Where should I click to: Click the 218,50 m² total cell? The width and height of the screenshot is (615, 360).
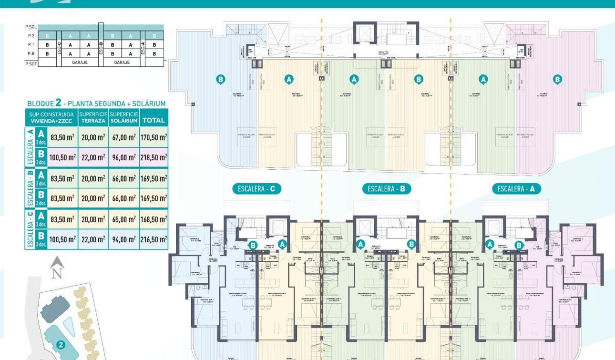(x=153, y=157)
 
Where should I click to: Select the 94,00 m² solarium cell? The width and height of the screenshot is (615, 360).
(x=123, y=239)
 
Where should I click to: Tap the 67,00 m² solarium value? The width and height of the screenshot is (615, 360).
(x=123, y=137)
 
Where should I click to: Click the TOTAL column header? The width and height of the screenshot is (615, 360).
(x=153, y=120)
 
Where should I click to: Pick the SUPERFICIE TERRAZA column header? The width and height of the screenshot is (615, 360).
(x=93, y=117)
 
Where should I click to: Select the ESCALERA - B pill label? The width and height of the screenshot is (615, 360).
(x=389, y=189)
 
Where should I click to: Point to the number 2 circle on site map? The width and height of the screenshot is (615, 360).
(x=61, y=345)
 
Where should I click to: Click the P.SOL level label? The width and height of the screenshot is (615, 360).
(x=31, y=28)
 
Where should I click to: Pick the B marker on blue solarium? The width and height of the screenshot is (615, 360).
(x=220, y=79)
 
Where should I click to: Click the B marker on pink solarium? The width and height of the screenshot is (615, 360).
(x=557, y=79)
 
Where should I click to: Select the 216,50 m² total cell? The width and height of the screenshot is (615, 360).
(x=153, y=239)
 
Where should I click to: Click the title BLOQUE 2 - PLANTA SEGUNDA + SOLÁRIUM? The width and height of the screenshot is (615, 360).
(x=96, y=103)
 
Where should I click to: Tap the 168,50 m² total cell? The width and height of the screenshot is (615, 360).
(x=153, y=219)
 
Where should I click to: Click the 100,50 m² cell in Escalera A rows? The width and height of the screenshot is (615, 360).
(x=62, y=157)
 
